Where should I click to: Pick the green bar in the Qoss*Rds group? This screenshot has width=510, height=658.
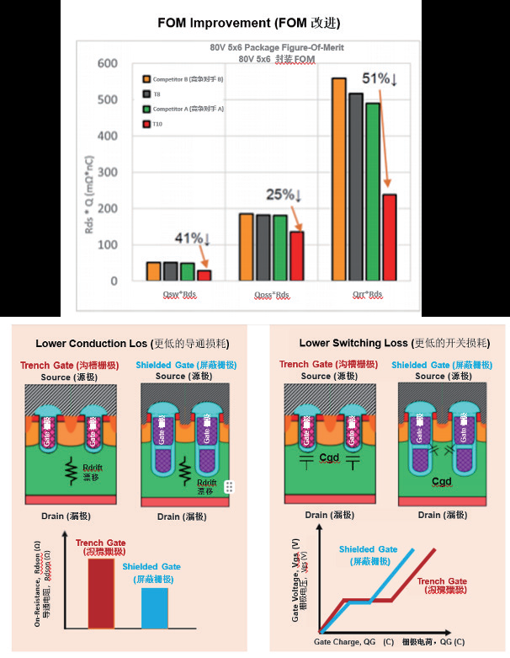(280, 248)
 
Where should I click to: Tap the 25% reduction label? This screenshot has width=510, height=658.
(284, 195)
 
